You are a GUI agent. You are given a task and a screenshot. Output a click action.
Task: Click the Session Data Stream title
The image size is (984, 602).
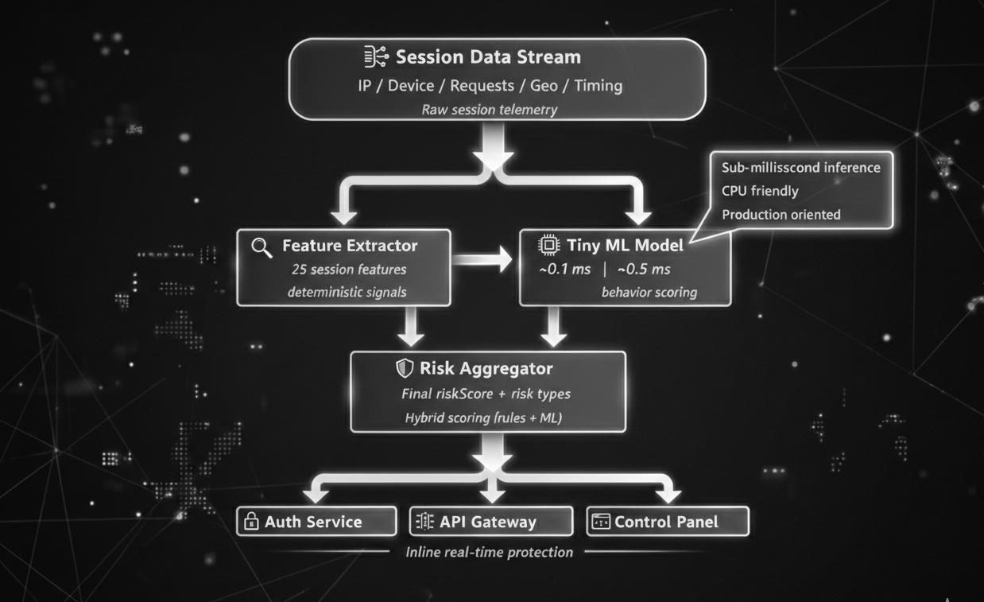[488, 57]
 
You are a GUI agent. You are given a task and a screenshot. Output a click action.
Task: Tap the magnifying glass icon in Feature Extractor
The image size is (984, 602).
[261, 247]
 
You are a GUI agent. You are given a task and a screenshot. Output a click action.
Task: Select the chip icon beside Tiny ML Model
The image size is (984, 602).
[548, 245]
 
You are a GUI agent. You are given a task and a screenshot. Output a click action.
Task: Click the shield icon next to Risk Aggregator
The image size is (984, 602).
[405, 368]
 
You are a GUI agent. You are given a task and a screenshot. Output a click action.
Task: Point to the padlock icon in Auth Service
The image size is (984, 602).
[251, 522]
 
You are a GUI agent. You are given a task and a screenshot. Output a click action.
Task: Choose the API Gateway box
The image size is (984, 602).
[490, 522]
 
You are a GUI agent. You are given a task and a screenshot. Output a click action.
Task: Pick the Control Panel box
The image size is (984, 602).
[668, 522]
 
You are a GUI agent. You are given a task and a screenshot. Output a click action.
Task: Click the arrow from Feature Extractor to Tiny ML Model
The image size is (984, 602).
[484, 259]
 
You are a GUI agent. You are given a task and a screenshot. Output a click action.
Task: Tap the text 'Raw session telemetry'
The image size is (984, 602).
[489, 110]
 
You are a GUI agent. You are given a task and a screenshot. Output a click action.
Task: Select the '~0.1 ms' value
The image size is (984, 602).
[564, 269]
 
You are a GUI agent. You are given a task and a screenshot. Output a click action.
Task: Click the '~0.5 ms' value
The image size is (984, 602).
[644, 269]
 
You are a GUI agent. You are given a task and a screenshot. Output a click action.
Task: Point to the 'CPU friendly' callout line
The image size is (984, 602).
[760, 191]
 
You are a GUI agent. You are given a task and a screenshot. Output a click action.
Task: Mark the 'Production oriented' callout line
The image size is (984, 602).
[781, 214]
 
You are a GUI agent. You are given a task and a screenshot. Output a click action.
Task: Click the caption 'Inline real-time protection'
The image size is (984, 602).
[489, 552]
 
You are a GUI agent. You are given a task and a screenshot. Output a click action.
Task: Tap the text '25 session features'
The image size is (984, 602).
[349, 269]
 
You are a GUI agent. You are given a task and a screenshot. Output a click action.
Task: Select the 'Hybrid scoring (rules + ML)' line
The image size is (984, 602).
[482, 418]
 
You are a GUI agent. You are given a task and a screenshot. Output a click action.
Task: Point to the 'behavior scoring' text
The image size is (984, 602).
[649, 292]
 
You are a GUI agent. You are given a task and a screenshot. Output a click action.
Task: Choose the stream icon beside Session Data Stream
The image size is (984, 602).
[376, 56]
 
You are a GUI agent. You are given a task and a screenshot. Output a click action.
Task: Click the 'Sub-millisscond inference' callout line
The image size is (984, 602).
[800, 167]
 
